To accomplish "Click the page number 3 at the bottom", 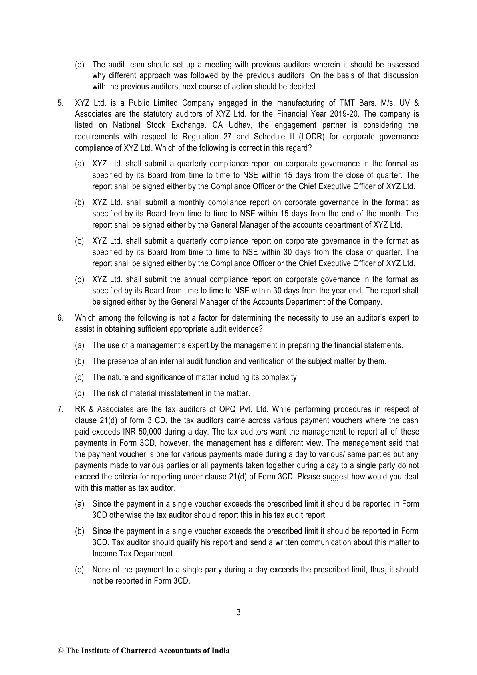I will coord(238,612).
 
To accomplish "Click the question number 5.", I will coord(60,103).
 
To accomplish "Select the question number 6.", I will coord(60,318).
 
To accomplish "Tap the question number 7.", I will coord(60,410).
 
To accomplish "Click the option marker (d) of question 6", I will coord(79,393).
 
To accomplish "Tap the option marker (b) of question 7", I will coord(79,532).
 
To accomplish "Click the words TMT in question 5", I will coord(337,103).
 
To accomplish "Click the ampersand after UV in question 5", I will coord(416,103).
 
